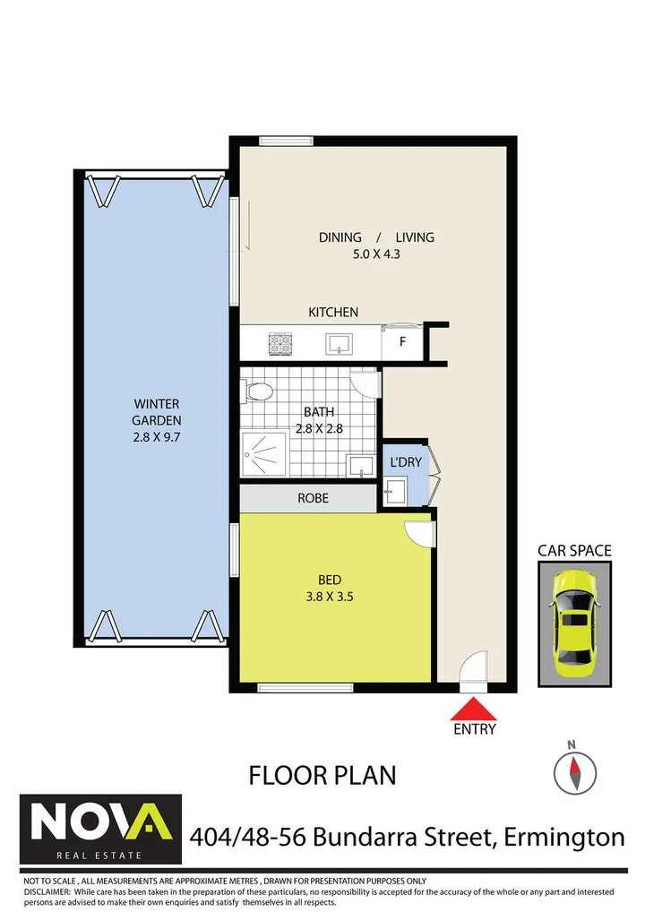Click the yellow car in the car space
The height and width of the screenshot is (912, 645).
point(574,624)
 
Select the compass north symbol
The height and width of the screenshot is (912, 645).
point(574,769)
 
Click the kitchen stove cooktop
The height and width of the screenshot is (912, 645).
point(280,341)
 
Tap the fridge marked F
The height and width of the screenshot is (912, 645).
point(401,342)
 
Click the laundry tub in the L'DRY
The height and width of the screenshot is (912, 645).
point(394,489)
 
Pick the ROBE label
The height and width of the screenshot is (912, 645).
point(313,497)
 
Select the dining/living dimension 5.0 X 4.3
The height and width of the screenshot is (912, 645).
point(376,254)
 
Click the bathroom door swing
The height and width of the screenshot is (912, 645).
point(365,383)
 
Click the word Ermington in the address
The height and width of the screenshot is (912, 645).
point(564,837)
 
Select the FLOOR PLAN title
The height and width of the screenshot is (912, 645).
point(322,774)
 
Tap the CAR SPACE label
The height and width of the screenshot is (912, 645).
point(574,550)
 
